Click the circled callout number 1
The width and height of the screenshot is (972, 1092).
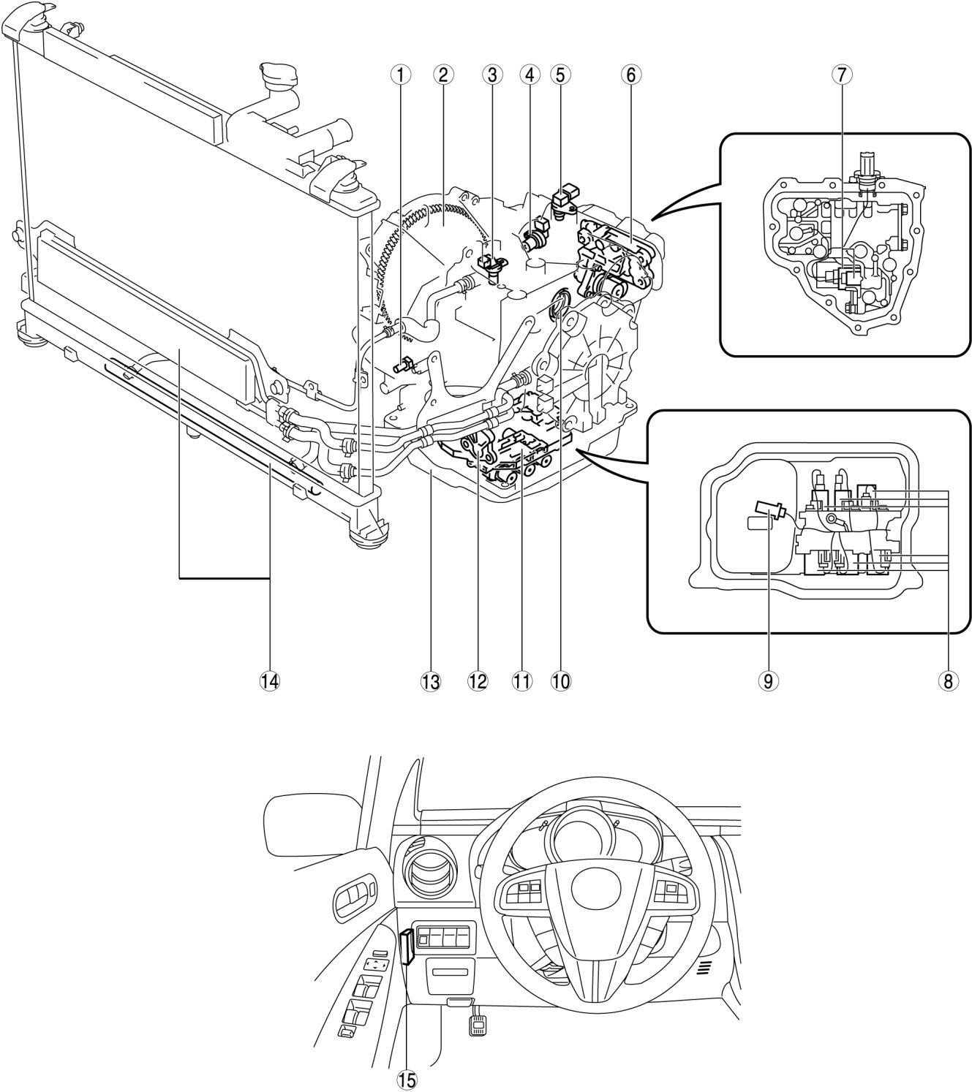(400, 75)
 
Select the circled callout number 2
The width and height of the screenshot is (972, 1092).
(442, 75)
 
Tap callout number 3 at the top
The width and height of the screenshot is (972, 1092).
(491, 75)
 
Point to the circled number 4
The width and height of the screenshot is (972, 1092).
(530, 75)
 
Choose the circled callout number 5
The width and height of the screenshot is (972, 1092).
(560, 75)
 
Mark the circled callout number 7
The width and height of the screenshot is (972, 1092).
(842, 75)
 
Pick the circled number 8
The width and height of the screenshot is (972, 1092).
(948, 681)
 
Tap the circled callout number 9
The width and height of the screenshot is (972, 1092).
(768, 681)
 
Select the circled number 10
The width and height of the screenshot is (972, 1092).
(561, 681)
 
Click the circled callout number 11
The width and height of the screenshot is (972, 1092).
(521, 681)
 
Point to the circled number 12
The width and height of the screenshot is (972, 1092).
(478, 681)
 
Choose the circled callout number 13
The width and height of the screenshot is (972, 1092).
(432, 681)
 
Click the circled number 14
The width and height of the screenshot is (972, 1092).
(270, 681)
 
